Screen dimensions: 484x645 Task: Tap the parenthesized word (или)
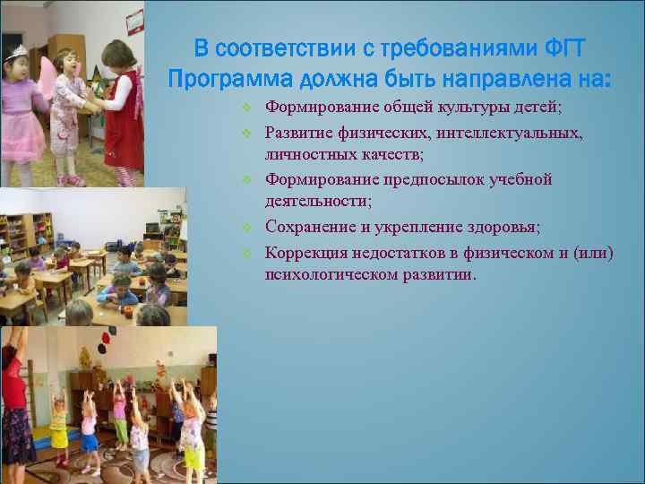(x=587, y=252)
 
